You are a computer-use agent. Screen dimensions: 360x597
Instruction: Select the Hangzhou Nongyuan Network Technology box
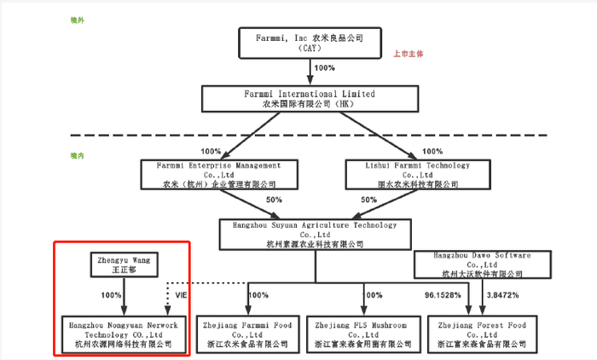[x=121, y=334]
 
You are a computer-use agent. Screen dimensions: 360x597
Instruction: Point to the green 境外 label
[x=78, y=19]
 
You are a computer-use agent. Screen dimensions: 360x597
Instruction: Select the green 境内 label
[x=78, y=155]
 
